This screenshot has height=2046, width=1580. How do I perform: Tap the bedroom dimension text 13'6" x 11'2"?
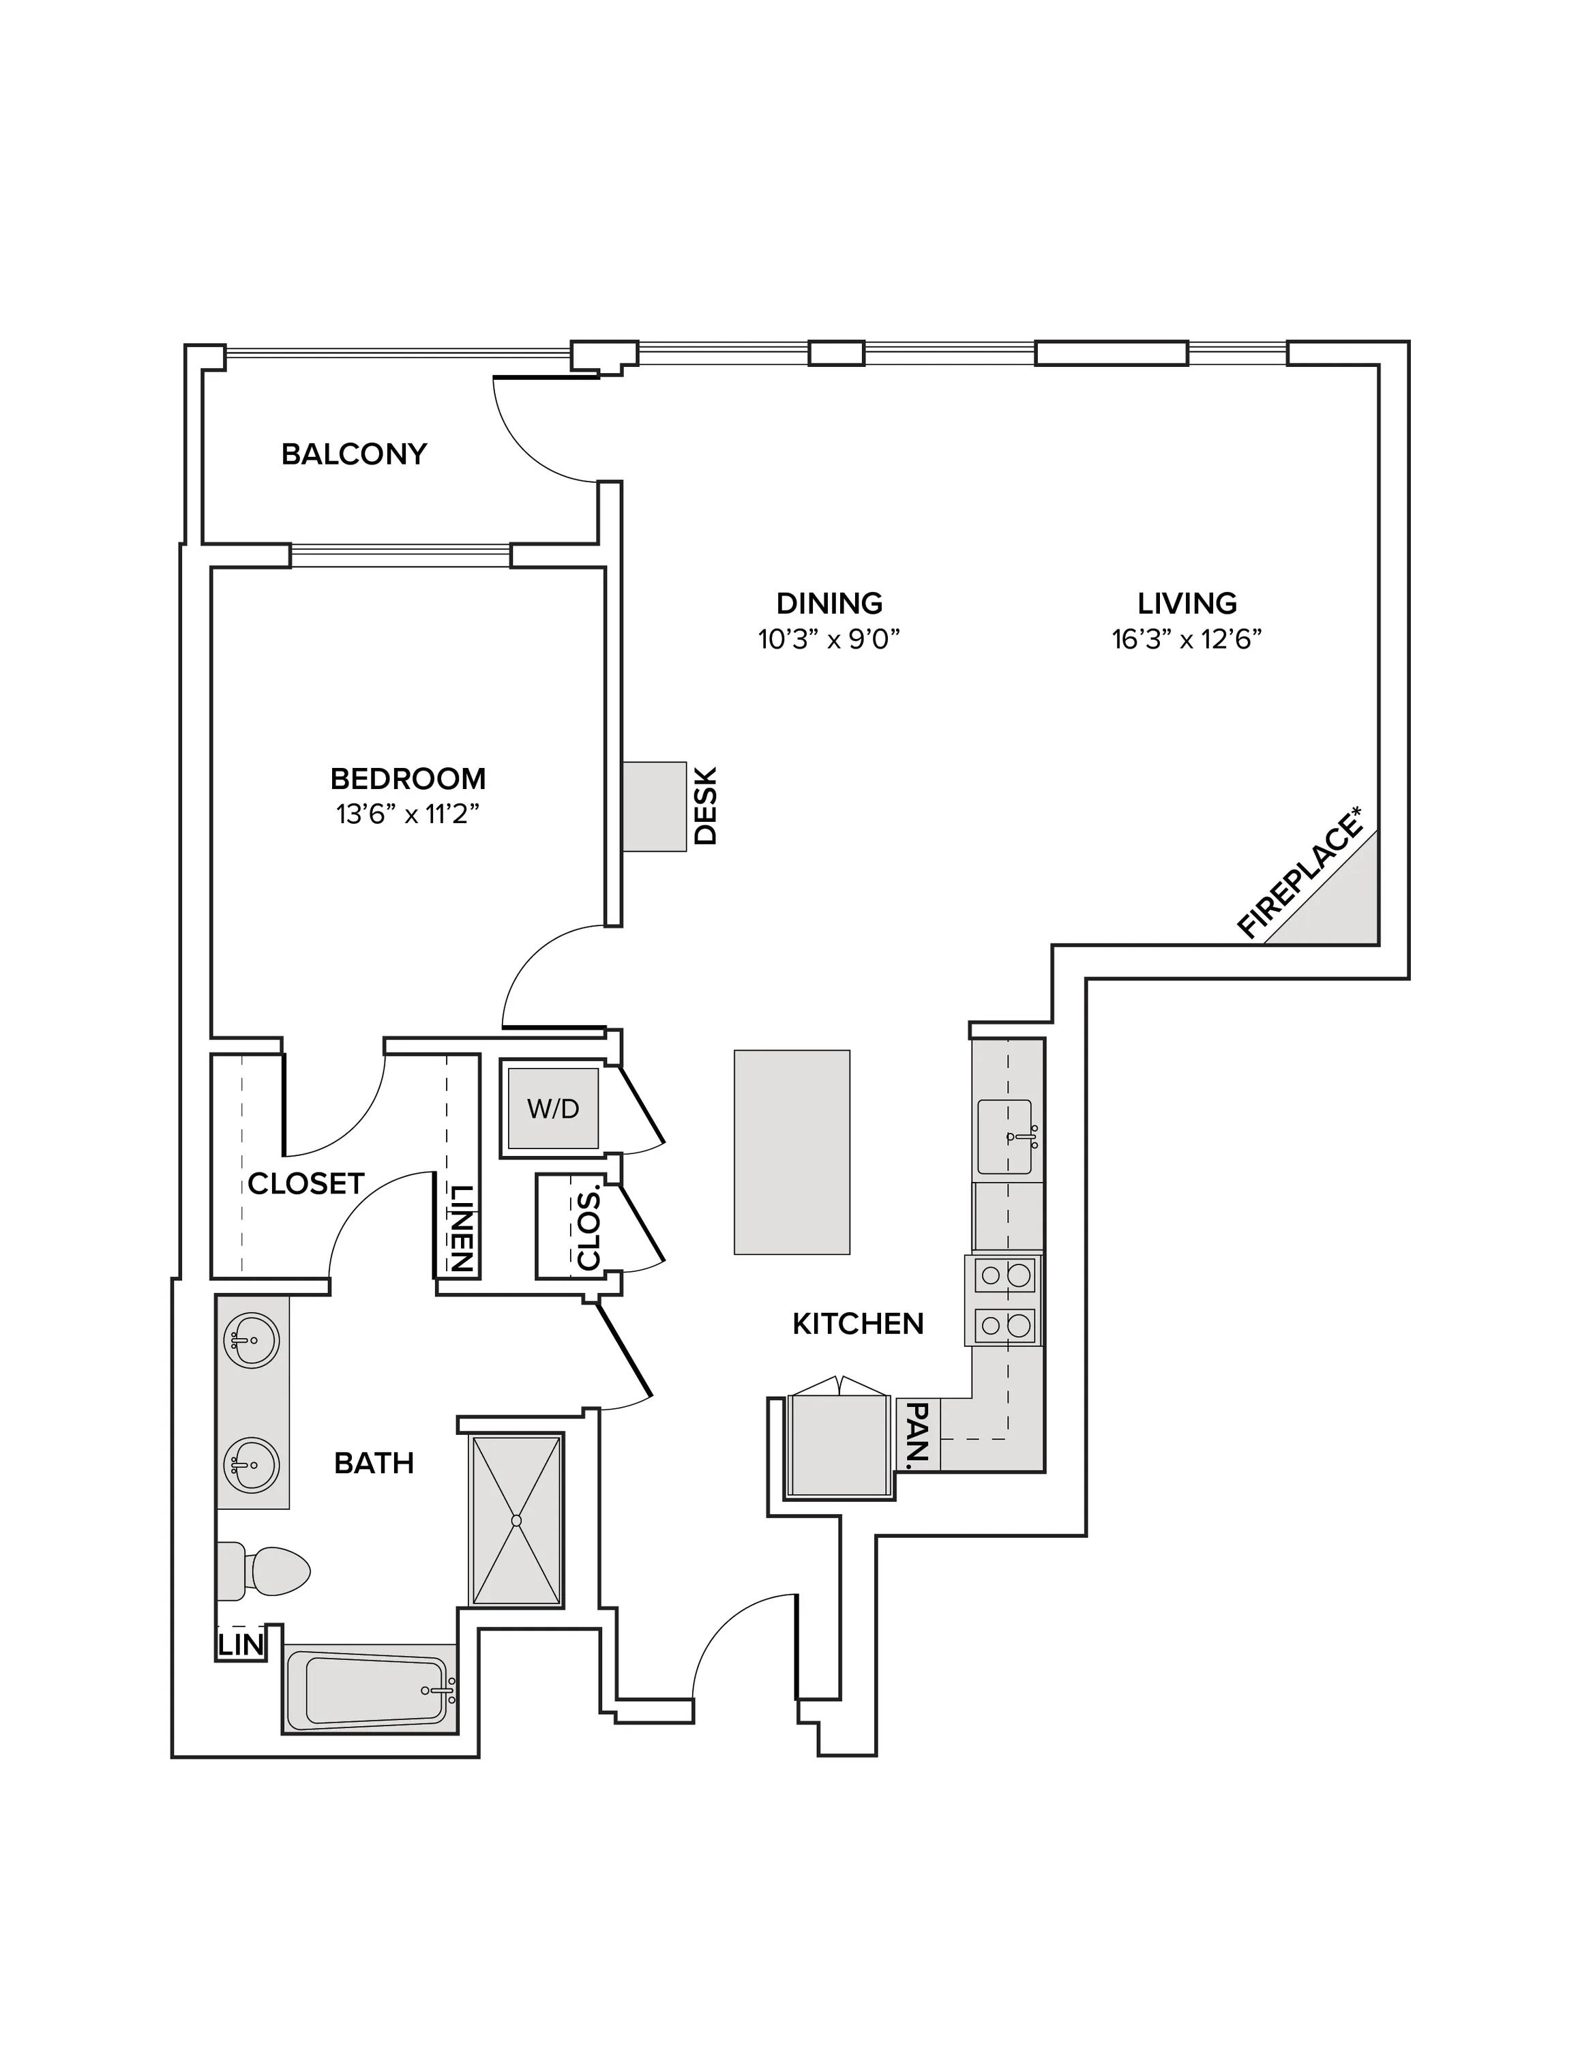(408, 815)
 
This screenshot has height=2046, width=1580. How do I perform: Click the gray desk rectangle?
(655, 807)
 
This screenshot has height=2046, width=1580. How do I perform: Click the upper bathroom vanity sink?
(251, 1341)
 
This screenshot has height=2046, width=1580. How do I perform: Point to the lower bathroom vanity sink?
(251, 1464)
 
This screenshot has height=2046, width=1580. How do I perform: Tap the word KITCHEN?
(858, 1324)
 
